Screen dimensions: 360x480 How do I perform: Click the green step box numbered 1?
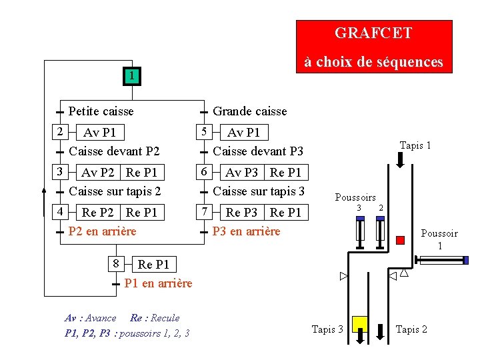(133, 77)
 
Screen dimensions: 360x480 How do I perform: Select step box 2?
(59, 131)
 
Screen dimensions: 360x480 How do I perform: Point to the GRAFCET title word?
(373, 33)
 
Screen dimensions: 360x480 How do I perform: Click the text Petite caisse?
(101, 111)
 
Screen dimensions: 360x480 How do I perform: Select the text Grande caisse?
(249, 111)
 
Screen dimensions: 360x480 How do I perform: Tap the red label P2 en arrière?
(102, 231)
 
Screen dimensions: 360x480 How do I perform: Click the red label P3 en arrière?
(246, 231)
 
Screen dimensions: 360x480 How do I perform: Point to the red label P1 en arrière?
(158, 283)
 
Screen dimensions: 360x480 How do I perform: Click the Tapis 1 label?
(415, 145)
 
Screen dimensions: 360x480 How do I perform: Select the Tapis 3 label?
(327, 329)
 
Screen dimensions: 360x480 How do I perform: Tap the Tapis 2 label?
(411, 329)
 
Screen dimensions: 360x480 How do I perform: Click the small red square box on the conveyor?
(400, 239)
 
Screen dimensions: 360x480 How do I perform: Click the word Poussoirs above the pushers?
(355, 197)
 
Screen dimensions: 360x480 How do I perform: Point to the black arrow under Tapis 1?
(401, 159)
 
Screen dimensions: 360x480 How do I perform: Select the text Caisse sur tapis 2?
(115, 191)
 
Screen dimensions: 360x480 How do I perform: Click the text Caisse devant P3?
(257, 151)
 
